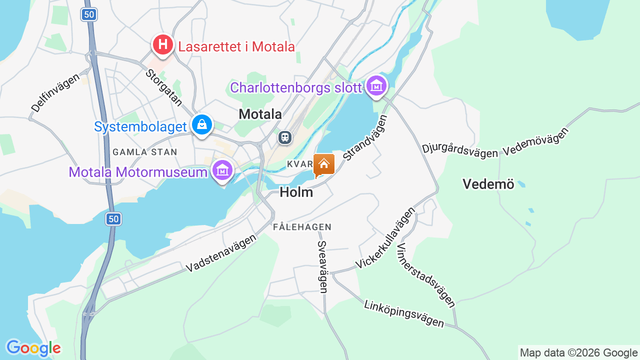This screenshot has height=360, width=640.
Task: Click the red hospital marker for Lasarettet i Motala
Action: point(162,45)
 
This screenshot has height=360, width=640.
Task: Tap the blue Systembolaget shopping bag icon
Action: point(201,125)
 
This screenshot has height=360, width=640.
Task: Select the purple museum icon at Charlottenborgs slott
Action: point(376,86)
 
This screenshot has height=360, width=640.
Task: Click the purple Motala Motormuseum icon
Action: point(222,170)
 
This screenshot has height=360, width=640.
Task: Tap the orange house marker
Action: point(323,164)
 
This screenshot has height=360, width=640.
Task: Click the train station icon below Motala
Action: point(285,137)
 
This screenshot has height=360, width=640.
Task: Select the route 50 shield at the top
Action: point(89,14)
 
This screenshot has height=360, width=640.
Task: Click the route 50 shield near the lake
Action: point(113,218)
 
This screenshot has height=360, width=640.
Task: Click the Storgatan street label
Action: point(164,87)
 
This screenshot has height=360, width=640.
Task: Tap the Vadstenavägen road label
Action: point(221,253)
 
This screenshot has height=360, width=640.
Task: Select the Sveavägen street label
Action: point(322,266)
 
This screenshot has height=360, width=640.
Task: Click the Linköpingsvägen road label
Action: point(404,313)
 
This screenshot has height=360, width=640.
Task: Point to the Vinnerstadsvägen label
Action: point(425,275)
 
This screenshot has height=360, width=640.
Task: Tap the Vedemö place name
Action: point(488,184)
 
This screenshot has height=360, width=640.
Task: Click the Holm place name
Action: point(296,192)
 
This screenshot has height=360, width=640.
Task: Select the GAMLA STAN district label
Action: point(144,152)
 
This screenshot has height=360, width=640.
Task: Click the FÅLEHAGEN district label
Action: point(302,227)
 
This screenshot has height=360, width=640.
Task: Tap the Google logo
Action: point(33,348)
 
